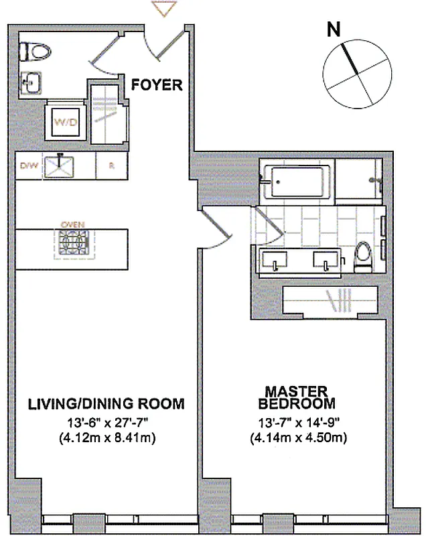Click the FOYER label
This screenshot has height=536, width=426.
(157, 85)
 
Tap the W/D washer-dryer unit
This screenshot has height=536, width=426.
(64, 123)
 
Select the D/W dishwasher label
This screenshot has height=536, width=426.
(27, 165)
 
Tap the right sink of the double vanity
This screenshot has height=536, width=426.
(326, 260)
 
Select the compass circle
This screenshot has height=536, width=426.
(356, 78)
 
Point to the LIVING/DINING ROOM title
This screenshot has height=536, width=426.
(106, 404)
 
